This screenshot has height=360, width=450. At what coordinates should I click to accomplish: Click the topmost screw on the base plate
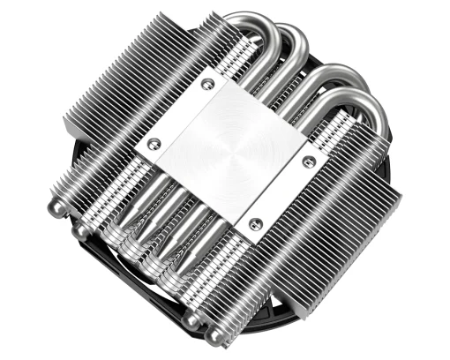click(208, 84)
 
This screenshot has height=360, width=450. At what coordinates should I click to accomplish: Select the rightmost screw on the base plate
click(308, 162)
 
